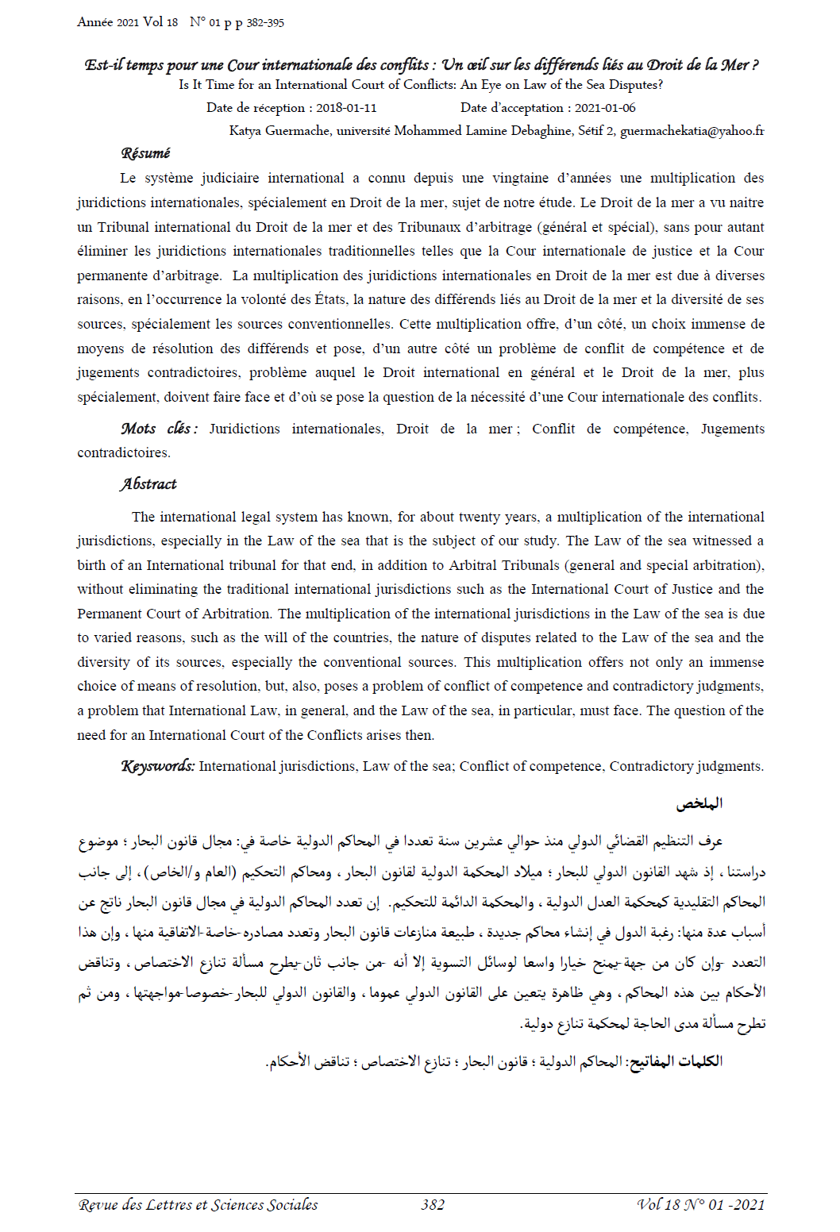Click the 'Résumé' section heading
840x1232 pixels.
[x=145, y=153]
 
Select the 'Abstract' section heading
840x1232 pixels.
[x=148, y=484]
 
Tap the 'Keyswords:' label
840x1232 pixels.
[x=157, y=766]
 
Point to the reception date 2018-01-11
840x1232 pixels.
[x=346, y=108]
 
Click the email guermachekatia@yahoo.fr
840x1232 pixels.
[x=692, y=131]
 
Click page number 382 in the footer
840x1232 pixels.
[x=433, y=1205]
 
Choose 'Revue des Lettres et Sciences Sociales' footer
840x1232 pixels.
[x=198, y=1205]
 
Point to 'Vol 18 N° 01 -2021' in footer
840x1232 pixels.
[x=701, y=1205]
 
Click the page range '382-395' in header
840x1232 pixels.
[x=265, y=23]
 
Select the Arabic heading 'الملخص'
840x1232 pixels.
[x=699, y=804]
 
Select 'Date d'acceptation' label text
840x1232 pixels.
[x=512, y=108]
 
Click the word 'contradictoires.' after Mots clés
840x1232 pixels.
[x=124, y=452]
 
